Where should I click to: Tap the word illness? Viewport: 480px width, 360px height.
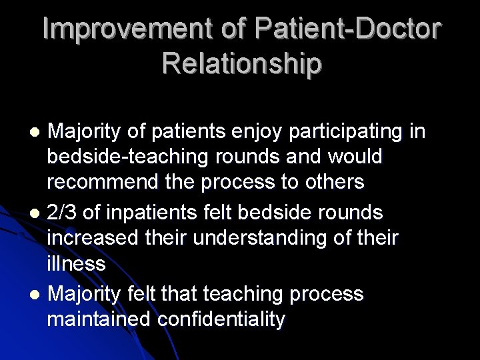point(76,263)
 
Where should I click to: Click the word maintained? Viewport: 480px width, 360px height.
point(99,319)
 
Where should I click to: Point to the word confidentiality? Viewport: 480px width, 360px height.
point(221,319)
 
